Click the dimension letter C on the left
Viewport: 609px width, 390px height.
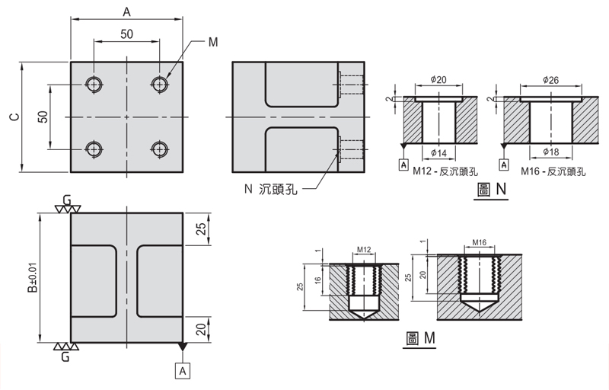[x=11, y=117]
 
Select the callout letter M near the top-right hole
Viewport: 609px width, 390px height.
[x=213, y=42]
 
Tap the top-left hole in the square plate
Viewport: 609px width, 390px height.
[x=94, y=84]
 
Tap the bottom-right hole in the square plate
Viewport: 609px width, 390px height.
[x=159, y=148]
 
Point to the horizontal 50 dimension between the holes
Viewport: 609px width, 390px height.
[x=126, y=34]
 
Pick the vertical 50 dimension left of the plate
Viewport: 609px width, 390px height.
[x=43, y=117]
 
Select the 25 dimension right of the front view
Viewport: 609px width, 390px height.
[x=202, y=229]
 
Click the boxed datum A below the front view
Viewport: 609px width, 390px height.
[x=182, y=370]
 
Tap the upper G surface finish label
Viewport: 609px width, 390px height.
[x=67, y=200]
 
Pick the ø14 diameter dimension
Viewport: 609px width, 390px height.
[x=438, y=152]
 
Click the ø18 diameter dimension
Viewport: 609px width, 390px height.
[x=551, y=152]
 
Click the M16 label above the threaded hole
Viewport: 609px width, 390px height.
[x=479, y=242]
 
